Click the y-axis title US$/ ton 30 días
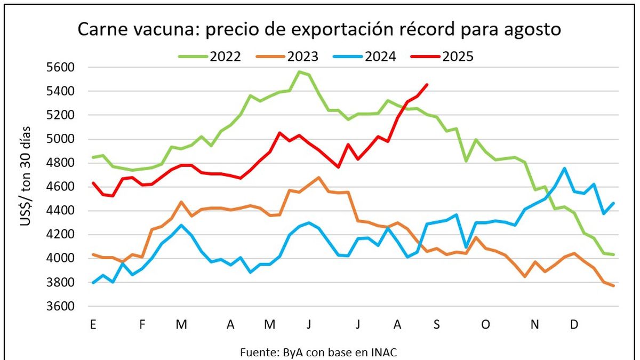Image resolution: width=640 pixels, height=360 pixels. pyautogui.click(x=26, y=176)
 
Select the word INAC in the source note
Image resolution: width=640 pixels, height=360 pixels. pyautogui.click(x=384, y=353)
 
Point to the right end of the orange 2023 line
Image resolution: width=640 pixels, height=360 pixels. pyautogui.click(x=613, y=286)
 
